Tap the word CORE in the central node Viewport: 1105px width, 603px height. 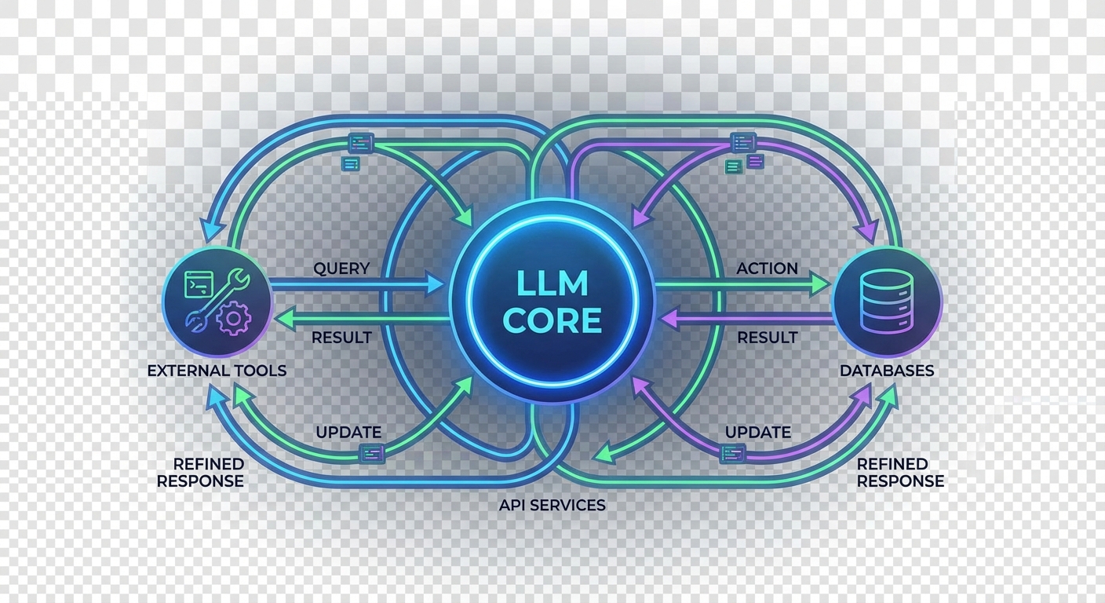click(x=552, y=320)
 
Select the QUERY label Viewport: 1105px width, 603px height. click(x=341, y=269)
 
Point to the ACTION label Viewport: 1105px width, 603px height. click(x=767, y=269)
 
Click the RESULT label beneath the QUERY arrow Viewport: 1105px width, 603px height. click(x=341, y=338)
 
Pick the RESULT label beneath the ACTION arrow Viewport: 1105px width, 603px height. click(x=767, y=338)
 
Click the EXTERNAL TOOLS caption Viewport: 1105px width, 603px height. click(x=217, y=370)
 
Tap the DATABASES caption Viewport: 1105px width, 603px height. click(x=887, y=370)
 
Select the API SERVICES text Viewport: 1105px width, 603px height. click(x=552, y=505)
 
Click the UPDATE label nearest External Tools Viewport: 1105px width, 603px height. click(x=348, y=432)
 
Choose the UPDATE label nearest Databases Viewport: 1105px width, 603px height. click(x=757, y=432)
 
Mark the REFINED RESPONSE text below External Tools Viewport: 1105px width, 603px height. click(x=200, y=473)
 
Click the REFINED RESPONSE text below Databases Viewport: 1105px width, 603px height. click(x=900, y=473)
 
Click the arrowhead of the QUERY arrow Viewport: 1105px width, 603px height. click(x=436, y=283)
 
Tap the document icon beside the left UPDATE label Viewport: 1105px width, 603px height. click(x=371, y=452)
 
